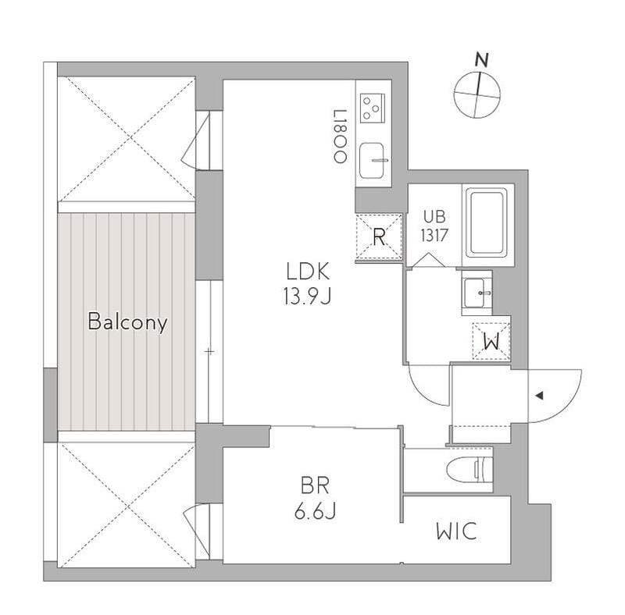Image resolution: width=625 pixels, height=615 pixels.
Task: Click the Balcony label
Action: coord(127,322)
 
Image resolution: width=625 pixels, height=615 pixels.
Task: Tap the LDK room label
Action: coord(309,272)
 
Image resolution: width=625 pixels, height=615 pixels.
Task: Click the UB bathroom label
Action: coord(434,216)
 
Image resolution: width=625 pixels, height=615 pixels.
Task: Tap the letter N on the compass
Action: coord(483,59)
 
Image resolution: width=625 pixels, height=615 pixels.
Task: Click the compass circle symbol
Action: coord(477,94)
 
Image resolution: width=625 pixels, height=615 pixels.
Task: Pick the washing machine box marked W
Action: coord(491,340)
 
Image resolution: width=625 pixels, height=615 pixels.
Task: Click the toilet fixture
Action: coord(472,470)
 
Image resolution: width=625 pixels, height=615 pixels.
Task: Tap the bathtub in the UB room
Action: coord(487,223)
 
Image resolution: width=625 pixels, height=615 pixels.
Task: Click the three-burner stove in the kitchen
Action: coord(373,107)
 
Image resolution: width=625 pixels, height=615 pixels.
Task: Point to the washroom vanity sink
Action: coord(477,293)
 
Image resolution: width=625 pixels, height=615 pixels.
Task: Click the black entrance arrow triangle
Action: coord(539,396)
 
